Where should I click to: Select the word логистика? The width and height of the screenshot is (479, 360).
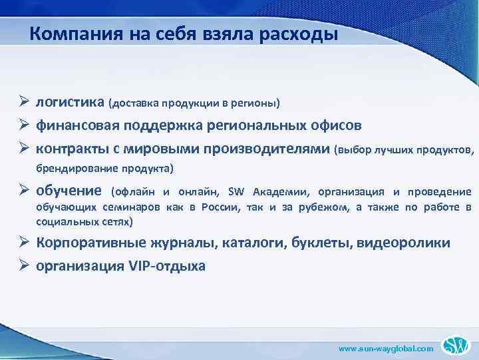pos(70,103)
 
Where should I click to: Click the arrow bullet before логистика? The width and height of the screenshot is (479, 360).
pos(22,103)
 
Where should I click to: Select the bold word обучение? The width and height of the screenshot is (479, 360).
pos(69,191)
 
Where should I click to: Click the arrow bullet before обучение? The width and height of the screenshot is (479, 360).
pos(22,191)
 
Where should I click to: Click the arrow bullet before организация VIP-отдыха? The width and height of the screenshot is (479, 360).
pos(22,265)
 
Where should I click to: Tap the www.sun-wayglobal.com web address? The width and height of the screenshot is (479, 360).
pos(386,348)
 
